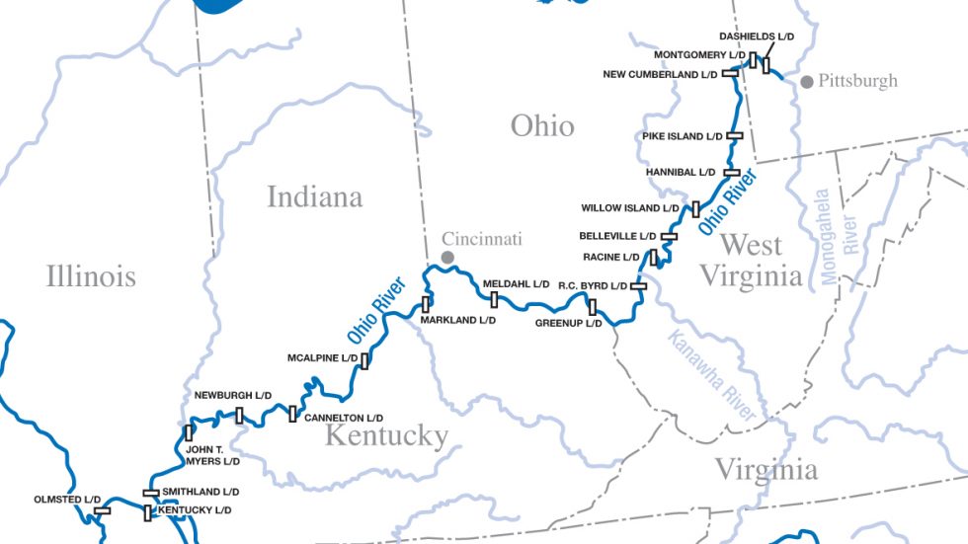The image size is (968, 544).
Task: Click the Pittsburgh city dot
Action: (807, 82)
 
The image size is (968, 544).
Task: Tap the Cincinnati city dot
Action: (447, 257)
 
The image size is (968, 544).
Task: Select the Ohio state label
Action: (542, 125)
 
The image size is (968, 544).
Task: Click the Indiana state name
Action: (315, 196)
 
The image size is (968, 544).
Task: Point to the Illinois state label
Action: (91, 275)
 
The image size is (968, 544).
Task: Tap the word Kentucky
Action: (387, 435)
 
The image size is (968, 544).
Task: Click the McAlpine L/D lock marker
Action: (364, 360)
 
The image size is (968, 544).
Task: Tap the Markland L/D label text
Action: (457, 320)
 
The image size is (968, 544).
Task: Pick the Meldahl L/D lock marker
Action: (494, 299)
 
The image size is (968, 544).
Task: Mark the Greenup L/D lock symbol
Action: (593, 307)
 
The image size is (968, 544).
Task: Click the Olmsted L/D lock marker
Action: (102, 510)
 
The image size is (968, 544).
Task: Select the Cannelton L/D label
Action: (343, 419)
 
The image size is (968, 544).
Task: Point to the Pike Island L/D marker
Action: (735, 136)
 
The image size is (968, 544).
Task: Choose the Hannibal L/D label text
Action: (681, 172)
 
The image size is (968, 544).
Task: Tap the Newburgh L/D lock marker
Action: (239, 415)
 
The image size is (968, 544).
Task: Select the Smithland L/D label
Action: (202, 492)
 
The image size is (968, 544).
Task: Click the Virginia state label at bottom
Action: (766, 469)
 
